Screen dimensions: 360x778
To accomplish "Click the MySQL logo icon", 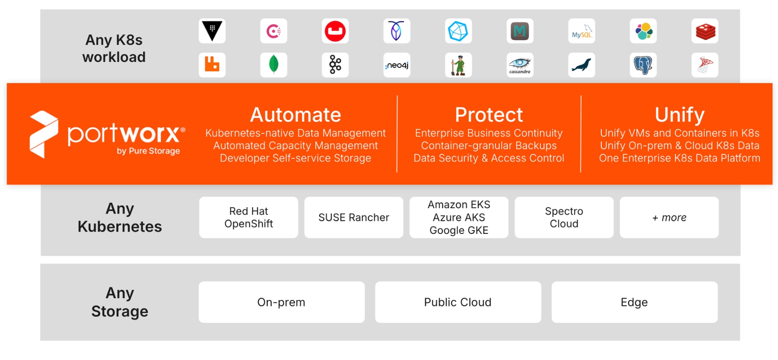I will [581, 31].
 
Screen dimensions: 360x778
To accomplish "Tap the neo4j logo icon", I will [396, 65].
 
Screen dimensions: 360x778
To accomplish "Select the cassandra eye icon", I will [520, 65].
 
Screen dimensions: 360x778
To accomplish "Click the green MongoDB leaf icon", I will [274, 65].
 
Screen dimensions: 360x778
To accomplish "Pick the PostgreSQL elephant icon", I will [643, 65].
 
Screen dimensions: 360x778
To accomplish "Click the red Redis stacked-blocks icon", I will [704, 31].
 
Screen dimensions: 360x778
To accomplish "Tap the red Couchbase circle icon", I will [335, 31].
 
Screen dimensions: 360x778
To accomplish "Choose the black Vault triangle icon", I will [212, 31].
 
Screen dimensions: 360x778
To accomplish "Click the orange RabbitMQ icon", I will [212, 65].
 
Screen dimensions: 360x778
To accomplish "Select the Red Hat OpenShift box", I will [248, 217].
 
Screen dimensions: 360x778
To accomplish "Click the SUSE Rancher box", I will [354, 217].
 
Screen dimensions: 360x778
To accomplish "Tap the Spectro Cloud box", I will [564, 217].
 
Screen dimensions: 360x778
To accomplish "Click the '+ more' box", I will [669, 217].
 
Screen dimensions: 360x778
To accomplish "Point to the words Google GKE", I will [459, 230].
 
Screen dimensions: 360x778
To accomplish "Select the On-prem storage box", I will [281, 302].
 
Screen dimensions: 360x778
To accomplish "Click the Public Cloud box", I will [458, 302].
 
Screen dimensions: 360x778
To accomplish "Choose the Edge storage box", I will [634, 302].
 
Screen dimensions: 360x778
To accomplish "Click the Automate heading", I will [295, 115].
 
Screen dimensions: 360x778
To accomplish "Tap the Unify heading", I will [680, 115].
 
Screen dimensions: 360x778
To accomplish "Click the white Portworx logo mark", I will [44, 134].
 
